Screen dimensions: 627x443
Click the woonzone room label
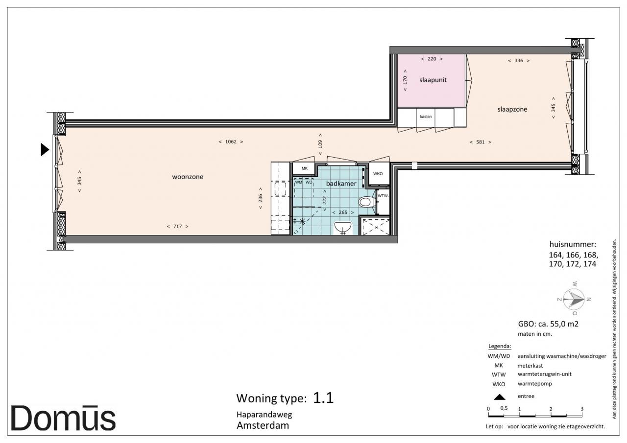tap(188, 177)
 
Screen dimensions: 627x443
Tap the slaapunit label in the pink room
tap(433, 80)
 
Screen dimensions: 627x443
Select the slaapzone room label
tap(512, 109)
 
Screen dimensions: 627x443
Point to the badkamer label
tap(341, 184)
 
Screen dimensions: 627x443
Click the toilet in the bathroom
tap(367, 202)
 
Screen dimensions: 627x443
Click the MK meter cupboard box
tap(304, 169)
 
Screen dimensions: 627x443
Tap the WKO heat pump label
tap(378, 174)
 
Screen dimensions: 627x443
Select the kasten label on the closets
tap(426, 117)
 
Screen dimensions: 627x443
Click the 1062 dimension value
tap(231, 142)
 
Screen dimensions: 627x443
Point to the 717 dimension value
tap(177, 227)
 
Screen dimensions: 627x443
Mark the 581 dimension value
tap(481, 142)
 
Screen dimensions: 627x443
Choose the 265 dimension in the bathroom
tap(343, 212)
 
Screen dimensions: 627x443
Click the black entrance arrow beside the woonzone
tap(45, 150)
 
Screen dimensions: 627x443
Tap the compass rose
tap(574, 299)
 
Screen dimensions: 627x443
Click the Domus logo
tap(63, 418)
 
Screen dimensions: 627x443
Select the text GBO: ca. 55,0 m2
tap(548, 324)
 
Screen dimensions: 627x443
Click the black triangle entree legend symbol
tap(499, 397)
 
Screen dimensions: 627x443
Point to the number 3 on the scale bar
tap(581, 409)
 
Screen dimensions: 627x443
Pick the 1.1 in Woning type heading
tap(323, 397)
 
